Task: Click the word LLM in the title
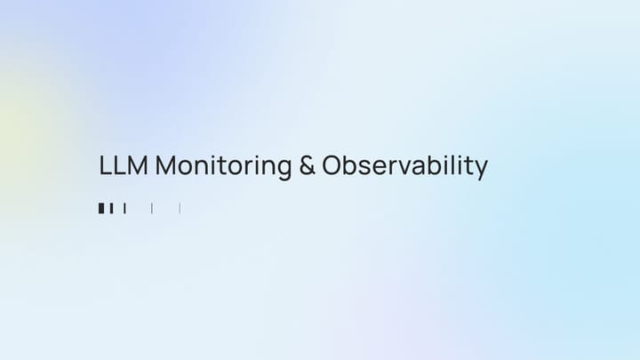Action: click(x=124, y=165)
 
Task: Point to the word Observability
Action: click(x=404, y=166)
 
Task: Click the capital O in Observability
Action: click(x=332, y=165)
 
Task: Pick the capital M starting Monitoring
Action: click(x=166, y=165)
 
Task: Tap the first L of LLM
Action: click(x=105, y=165)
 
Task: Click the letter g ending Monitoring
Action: click(x=286, y=169)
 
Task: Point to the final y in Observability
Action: click(x=481, y=169)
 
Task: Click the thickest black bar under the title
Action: click(x=101, y=208)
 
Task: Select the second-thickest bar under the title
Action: click(x=112, y=208)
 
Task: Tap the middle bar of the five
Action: click(x=125, y=208)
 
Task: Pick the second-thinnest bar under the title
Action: click(x=152, y=208)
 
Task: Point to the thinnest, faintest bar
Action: click(x=180, y=208)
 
